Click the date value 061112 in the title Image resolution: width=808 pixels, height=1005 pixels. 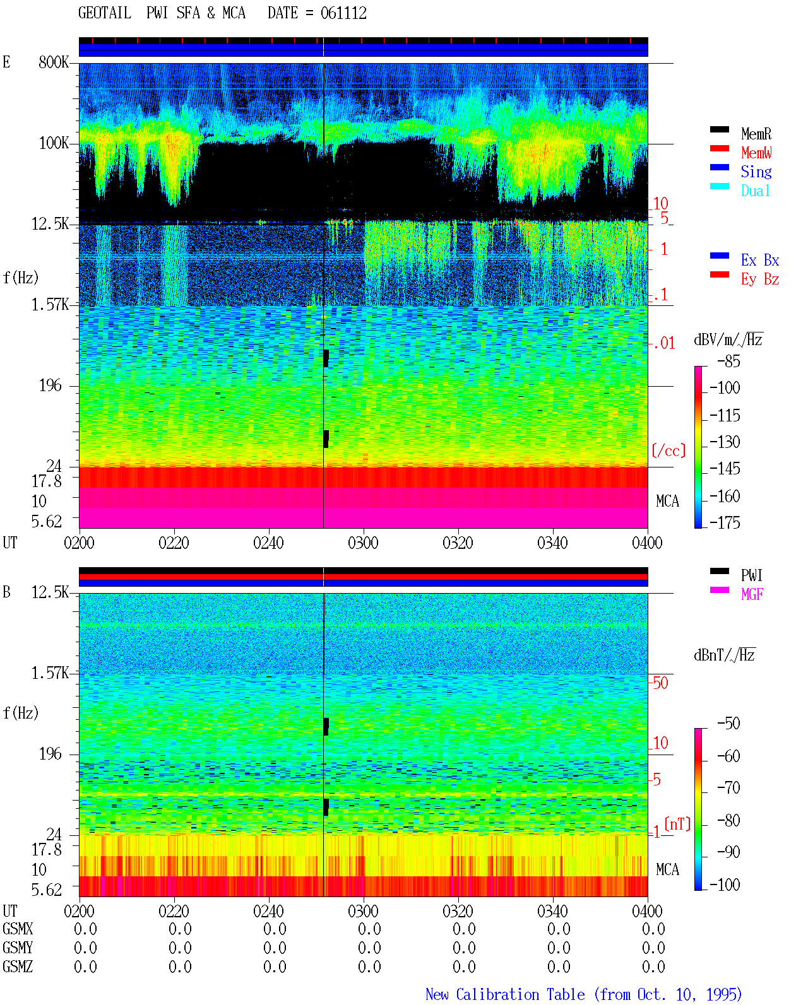(343, 13)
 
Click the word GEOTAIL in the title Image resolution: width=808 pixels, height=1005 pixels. (105, 13)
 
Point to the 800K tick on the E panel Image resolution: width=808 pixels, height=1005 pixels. (54, 62)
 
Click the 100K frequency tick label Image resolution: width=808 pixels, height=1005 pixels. (54, 143)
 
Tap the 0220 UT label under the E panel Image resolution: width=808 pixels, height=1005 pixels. (174, 543)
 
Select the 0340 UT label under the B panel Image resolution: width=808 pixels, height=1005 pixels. (553, 910)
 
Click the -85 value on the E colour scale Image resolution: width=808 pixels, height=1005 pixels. (728, 361)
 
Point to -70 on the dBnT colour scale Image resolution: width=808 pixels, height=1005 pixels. (728, 787)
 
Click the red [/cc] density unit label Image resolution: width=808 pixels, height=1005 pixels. (668, 450)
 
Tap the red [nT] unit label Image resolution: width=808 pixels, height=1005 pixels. (677, 823)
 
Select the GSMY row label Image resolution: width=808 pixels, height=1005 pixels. (18, 948)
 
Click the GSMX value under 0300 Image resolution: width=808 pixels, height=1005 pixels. (369, 929)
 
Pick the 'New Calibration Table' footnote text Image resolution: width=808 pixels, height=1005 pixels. (505, 994)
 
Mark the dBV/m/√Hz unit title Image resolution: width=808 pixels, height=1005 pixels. (728, 339)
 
